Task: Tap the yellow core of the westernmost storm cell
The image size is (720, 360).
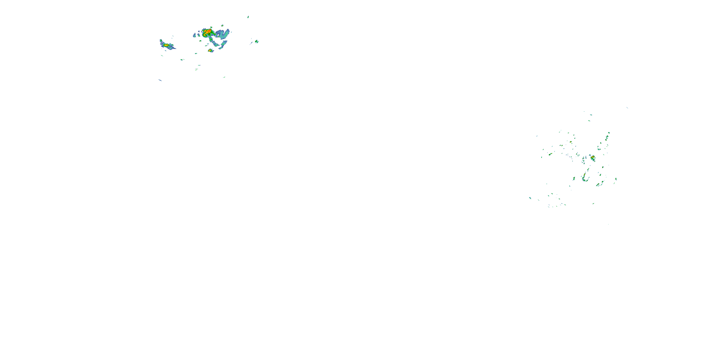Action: tap(166, 45)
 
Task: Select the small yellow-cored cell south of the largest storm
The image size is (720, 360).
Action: tap(210, 51)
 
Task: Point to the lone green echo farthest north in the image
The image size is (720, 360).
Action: tap(248, 17)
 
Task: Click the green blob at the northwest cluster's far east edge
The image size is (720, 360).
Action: tap(257, 41)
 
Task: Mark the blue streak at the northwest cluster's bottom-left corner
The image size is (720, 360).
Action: tap(160, 80)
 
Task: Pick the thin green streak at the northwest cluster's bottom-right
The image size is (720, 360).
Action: tap(224, 77)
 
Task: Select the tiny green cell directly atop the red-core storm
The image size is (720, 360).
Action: tap(211, 27)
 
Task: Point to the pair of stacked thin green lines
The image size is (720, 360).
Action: tap(198, 67)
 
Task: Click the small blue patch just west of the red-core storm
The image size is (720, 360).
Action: tap(195, 35)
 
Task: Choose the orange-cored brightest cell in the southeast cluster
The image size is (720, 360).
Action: tap(593, 158)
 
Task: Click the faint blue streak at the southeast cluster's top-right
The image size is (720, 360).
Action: tap(627, 108)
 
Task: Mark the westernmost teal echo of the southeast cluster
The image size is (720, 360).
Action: tap(530, 198)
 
